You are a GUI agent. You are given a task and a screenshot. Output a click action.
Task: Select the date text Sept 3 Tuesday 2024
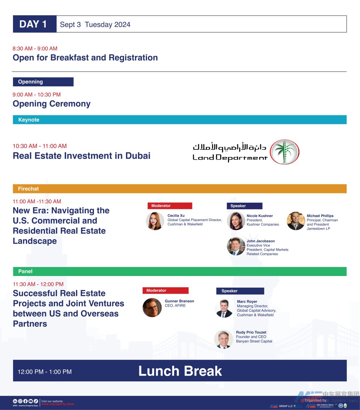(95, 24)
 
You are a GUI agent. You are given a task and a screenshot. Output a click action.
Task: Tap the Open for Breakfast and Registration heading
(85, 58)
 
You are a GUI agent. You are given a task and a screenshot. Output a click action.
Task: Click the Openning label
(30, 82)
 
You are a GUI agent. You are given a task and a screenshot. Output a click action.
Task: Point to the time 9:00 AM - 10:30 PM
(37, 95)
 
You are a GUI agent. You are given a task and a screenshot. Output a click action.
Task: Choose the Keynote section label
(29, 120)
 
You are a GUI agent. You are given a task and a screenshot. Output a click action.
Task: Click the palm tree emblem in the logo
(284, 152)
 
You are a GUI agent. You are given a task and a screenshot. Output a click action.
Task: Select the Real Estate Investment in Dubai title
(82, 156)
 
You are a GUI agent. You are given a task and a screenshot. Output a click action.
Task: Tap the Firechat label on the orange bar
(28, 189)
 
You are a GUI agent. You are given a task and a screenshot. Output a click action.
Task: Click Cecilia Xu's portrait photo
(155, 221)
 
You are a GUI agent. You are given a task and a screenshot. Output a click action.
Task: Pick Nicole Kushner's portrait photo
(236, 221)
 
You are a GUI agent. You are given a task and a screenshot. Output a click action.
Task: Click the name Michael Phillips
(320, 216)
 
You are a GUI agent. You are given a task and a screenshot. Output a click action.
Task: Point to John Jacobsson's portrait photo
(236, 246)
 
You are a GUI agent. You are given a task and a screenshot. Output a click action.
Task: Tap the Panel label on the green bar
(25, 271)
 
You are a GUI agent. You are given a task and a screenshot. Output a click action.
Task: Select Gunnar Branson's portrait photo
(152, 307)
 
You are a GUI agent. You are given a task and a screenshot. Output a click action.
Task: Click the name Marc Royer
(247, 302)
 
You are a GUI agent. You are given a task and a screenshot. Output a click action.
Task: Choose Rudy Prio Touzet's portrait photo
(223, 339)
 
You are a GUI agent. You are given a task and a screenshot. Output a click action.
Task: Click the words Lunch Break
(180, 371)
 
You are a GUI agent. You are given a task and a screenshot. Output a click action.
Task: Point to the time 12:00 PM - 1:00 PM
(45, 372)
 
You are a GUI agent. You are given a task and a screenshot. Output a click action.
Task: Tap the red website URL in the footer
(58, 404)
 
